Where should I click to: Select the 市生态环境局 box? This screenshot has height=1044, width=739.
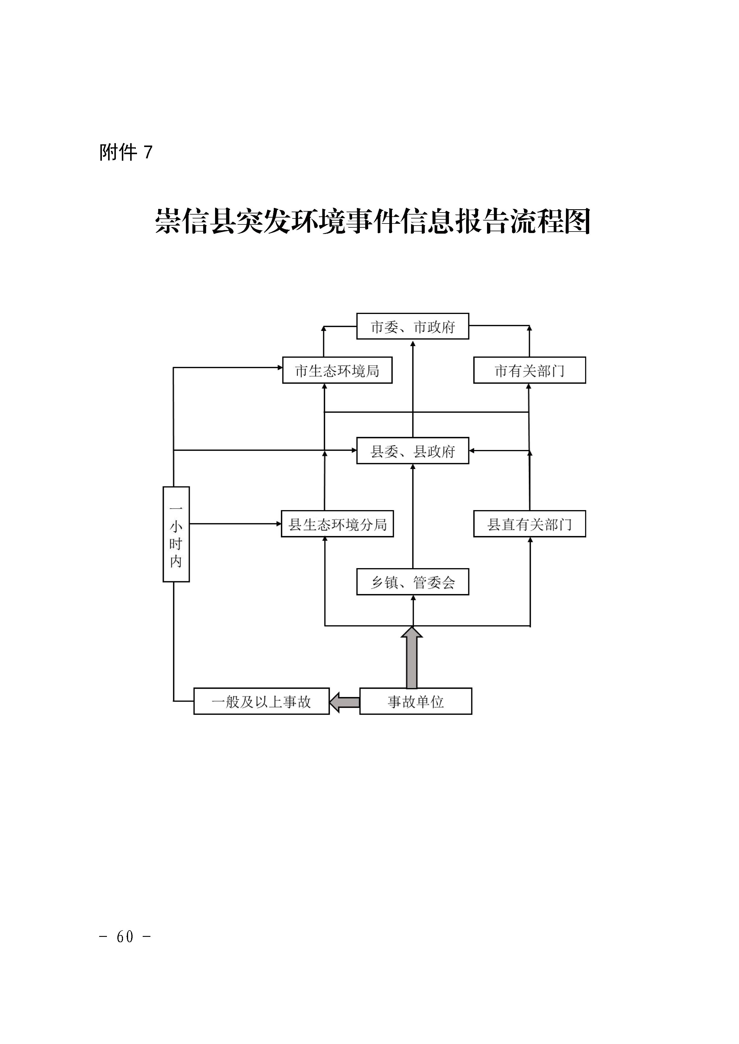click(337, 370)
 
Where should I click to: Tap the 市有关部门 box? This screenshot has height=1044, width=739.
click(530, 370)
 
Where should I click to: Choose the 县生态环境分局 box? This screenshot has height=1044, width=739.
click(337, 524)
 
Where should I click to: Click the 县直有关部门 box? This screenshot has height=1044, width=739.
click(530, 524)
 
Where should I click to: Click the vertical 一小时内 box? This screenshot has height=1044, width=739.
click(176, 534)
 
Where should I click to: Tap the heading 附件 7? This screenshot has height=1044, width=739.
click(126, 152)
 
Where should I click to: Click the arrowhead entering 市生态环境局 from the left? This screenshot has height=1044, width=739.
click(280, 368)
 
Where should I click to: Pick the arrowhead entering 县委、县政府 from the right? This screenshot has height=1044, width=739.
click(472, 451)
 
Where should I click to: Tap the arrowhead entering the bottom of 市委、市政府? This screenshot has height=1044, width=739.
click(413, 342)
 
